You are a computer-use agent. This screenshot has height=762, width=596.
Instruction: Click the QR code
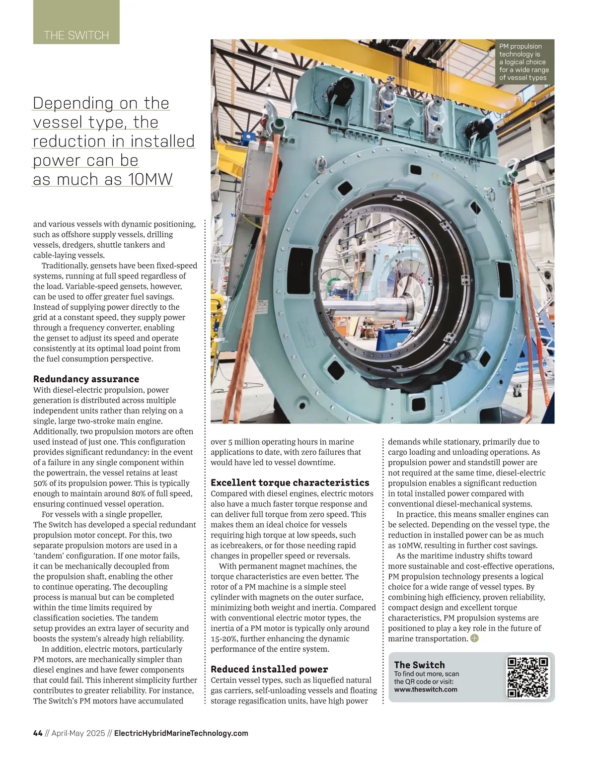pyautogui.click(x=528, y=677)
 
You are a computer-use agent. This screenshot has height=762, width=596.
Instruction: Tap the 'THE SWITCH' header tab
pyautogui.click(x=76, y=35)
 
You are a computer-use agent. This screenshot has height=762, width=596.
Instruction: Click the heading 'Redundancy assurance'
pyautogui.click(x=86, y=379)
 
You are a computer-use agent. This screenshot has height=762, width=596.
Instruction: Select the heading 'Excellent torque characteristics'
pyautogui.click(x=290, y=483)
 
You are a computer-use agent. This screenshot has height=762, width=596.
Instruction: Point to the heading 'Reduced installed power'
pyautogui.click(x=269, y=669)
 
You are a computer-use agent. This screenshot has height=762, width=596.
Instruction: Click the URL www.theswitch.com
pyautogui.click(x=426, y=690)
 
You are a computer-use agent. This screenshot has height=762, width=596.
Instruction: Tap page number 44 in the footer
pyautogui.click(x=38, y=733)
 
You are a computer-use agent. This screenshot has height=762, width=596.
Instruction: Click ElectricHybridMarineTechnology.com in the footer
pyautogui.click(x=181, y=733)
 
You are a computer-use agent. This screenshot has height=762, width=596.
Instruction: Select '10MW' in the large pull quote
pyautogui.click(x=150, y=180)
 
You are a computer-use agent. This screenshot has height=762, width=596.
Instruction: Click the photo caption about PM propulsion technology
pyautogui.click(x=523, y=62)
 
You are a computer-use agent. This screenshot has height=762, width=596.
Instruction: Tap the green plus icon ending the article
pyautogui.click(x=474, y=638)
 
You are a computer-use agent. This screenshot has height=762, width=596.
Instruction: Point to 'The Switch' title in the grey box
pyautogui.click(x=419, y=665)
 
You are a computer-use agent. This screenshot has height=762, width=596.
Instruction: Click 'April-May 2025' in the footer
pyautogui.click(x=78, y=733)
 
